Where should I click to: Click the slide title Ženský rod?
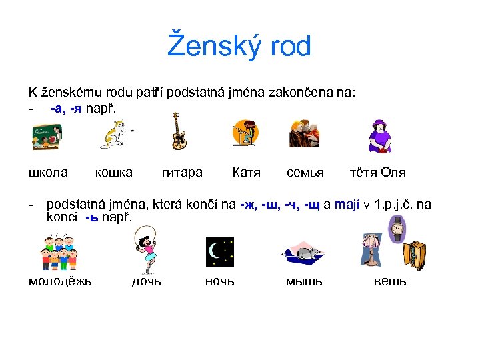(239, 47)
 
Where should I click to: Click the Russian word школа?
(48, 173)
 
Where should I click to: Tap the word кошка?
(113, 173)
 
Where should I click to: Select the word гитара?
(182, 173)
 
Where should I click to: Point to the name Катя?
(246, 173)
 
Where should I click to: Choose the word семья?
(305, 173)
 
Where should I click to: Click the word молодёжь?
(60, 281)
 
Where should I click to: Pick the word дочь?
(146, 281)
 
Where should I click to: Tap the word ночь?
(219, 281)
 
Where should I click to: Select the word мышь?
(304, 281)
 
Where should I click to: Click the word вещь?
(390, 281)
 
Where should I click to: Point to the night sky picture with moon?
(219, 251)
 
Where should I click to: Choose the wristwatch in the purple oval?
(397, 230)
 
